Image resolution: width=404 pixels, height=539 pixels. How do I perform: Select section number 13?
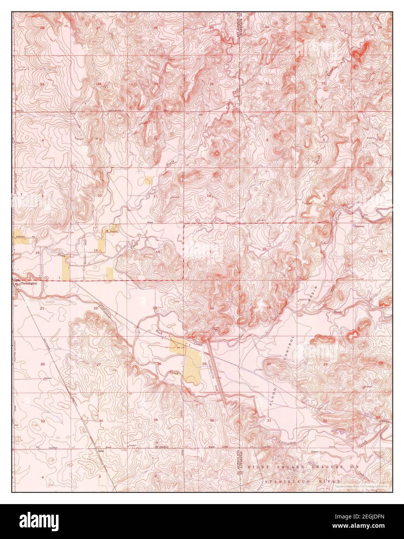tap(211, 252)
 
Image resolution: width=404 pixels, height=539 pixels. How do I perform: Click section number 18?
tap(264, 249)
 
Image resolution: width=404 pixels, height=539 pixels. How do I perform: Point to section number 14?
tap(157, 252)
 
